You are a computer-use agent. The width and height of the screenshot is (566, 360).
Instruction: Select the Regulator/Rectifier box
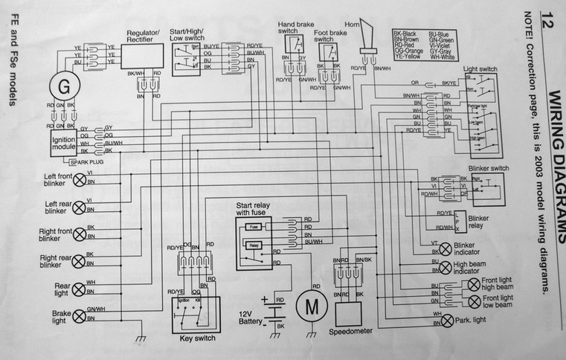pyautogui.click(x=144, y=54)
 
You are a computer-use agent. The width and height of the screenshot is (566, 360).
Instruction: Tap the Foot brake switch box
pyautogui.click(x=328, y=53)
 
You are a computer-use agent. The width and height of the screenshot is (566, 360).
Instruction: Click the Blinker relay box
pyautogui.click(x=458, y=221)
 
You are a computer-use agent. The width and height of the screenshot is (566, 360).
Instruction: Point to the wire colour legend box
pyautogui.click(x=422, y=45)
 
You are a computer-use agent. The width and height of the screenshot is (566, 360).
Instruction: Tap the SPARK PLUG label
pyautogui.click(x=87, y=161)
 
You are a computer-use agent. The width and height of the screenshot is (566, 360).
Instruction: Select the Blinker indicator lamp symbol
pyautogui.click(x=445, y=248)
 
